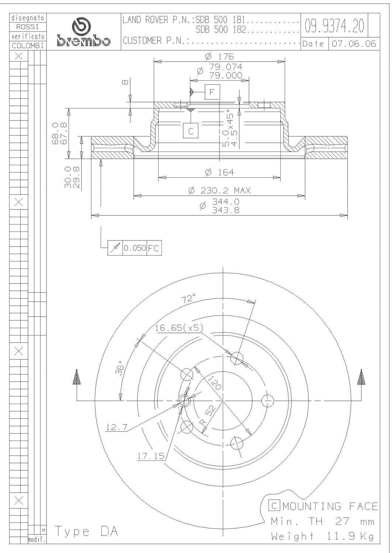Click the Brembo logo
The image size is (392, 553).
pos(83,32)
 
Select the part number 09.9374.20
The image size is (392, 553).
pos(334,26)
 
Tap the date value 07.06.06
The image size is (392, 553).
pos(354,44)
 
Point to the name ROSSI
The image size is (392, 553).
pos(27,27)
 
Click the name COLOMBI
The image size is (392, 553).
pos(28,46)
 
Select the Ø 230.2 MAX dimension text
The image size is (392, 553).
pos(219,190)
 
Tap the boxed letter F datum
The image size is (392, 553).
pos(212,92)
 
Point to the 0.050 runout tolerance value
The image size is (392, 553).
pos(135,248)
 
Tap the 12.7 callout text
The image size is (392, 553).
pos(117,427)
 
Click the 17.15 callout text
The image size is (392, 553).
pos(151,456)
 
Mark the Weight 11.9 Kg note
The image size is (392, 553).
pos(322,536)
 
